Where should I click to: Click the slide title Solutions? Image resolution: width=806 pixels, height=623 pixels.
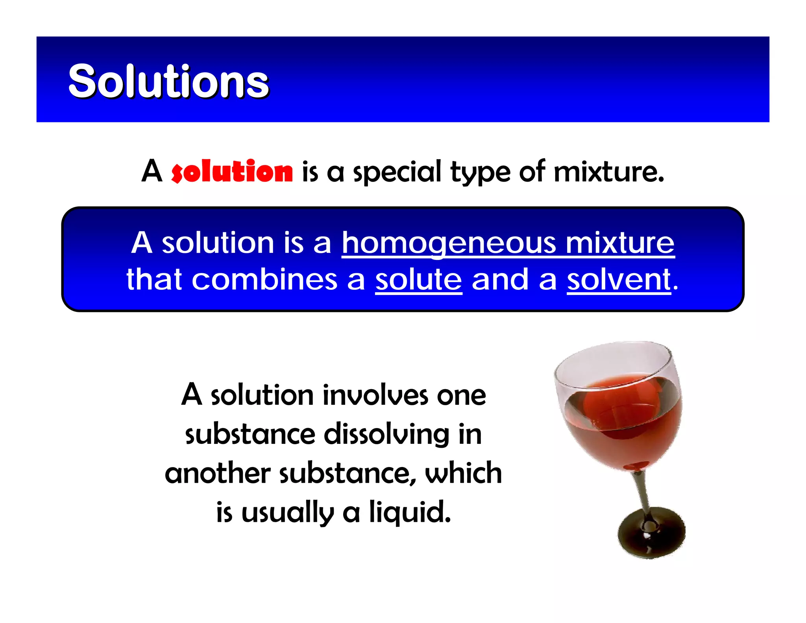click(168, 81)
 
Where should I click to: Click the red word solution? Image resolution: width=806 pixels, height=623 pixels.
click(232, 172)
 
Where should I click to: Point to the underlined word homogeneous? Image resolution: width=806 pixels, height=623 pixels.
click(449, 243)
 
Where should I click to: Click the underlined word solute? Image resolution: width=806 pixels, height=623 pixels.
click(418, 280)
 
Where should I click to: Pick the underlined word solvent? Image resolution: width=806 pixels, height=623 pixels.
click(619, 280)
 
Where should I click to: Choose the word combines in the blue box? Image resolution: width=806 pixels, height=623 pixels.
click(264, 280)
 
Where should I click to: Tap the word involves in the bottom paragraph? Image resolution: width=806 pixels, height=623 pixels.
click(375, 395)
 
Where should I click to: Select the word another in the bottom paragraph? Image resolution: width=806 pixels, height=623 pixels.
click(218, 473)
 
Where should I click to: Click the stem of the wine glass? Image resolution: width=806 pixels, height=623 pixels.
click(641, 492)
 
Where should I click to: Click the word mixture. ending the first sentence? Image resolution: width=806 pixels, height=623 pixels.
click(608, 172)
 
